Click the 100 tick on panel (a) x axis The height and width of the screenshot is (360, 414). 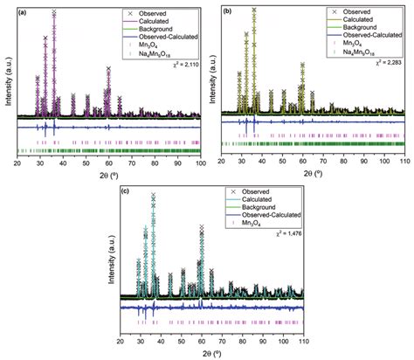201,163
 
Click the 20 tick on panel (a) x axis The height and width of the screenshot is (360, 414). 18,163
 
